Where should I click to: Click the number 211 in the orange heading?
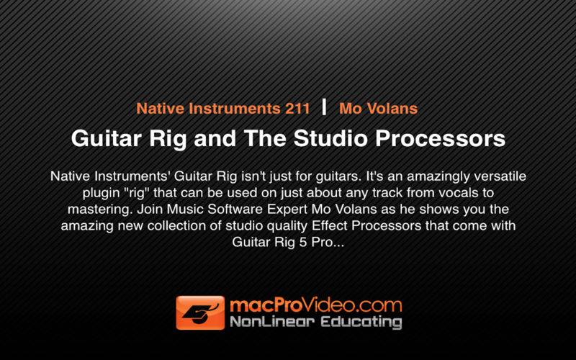297,109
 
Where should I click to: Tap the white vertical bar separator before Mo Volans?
324,107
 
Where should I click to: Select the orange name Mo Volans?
379,109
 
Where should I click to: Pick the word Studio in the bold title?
330,138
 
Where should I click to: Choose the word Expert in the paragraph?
287,210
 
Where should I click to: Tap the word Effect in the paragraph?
330,225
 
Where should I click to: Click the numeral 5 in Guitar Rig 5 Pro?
302,243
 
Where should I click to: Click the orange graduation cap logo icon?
200,312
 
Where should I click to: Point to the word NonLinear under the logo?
272,322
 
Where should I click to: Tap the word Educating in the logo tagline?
361,323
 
